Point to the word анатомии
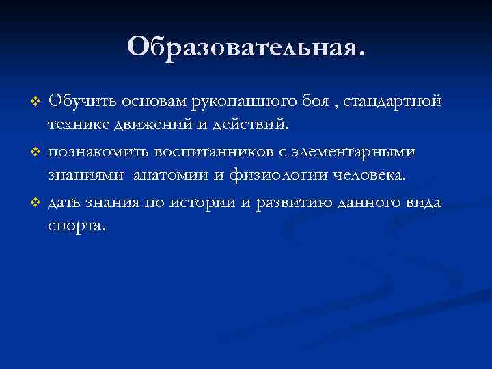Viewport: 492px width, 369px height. (x=171, y=175)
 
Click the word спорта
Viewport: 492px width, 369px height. (x=76, y=225)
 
